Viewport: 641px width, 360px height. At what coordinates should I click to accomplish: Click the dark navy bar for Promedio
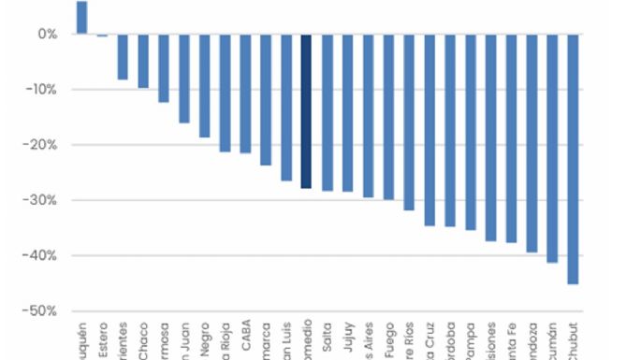(306, 111)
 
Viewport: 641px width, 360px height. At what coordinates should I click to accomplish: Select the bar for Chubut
(573, 159)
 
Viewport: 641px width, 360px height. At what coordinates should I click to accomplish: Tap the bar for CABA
(245, 94)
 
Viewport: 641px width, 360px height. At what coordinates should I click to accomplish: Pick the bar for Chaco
(143, 61)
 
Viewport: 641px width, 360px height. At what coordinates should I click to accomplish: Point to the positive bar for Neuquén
(81, 18)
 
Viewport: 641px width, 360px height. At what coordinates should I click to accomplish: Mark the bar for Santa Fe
(511, 138)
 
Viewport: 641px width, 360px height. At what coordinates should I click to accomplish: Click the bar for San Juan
(184, 79)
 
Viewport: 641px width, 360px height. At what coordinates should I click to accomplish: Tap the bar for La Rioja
(225, 93)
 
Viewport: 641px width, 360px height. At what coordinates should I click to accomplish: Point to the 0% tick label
(47, 35)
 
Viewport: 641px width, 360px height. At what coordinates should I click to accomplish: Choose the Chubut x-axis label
(574, 339)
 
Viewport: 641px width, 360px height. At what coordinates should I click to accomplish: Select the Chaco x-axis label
(144, 339)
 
